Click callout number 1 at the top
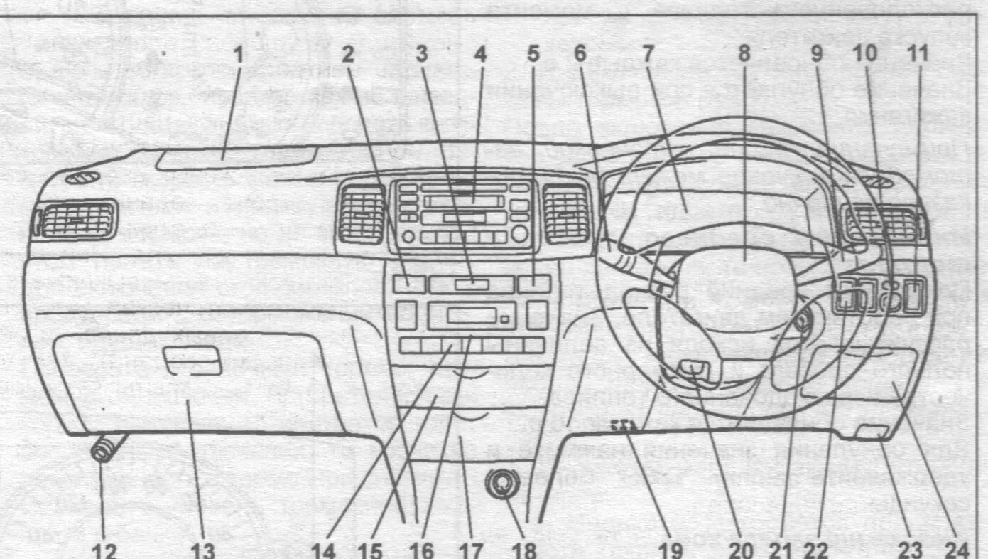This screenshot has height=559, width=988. coord(239,54)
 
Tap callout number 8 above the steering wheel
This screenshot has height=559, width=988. coord(743,54)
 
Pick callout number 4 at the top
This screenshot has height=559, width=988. coord(480,54)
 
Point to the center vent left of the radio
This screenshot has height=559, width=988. coord(361,213)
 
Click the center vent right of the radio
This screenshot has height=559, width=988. coord(566,213)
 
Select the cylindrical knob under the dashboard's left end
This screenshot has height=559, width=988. coord(104,449)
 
